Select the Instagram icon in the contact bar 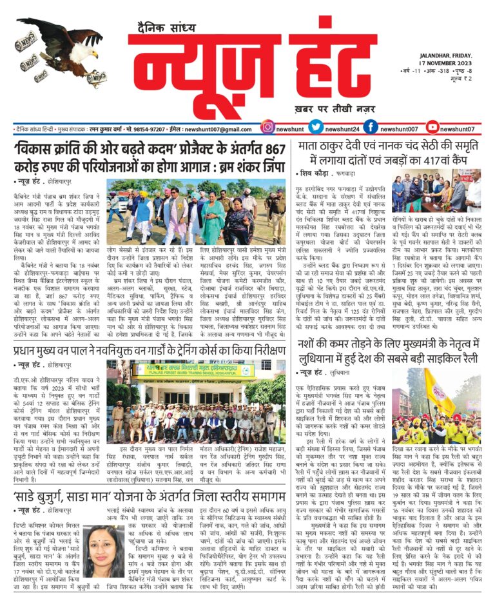(267, 128)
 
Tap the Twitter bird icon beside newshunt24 (315, 128)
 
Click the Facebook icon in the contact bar (370, 128)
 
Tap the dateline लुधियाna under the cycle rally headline (346, 372)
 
